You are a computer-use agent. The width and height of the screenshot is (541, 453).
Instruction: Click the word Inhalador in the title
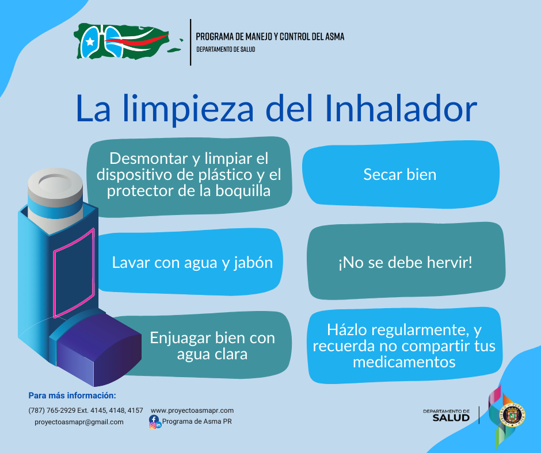click(401, 108)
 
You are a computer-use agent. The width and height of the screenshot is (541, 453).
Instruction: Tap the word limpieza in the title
click(188, 110)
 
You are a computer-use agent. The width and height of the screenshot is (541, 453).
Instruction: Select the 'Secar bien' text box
click(400, 174)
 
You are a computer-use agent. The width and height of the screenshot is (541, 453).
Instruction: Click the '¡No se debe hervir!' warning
click(405, 262)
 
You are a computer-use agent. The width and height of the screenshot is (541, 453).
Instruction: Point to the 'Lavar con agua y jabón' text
click(192, 263)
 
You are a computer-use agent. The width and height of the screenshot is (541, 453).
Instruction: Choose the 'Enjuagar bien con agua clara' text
click(212, 345)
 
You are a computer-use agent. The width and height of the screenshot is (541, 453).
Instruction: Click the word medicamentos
click(404, 362)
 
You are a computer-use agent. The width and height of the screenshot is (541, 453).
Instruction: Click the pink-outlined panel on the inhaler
click(74, 272)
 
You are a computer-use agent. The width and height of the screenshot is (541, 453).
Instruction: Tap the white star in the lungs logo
click(90, 42)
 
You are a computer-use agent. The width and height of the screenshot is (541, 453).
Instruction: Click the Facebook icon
click(154, 419)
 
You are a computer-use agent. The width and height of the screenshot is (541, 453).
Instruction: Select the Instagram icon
click(153, 425)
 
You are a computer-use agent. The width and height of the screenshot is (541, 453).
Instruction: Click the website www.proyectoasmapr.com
click(192, 410)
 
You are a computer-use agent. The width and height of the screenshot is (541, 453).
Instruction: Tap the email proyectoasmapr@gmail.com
click(79, 422)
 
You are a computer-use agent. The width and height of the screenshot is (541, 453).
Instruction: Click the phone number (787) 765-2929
click(52, 410)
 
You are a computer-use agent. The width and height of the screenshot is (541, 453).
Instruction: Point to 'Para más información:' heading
click(72, 396)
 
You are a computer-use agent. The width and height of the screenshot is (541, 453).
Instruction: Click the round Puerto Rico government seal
click(512, 415)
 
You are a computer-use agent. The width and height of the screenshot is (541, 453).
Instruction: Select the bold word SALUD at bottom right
click(451, 418)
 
